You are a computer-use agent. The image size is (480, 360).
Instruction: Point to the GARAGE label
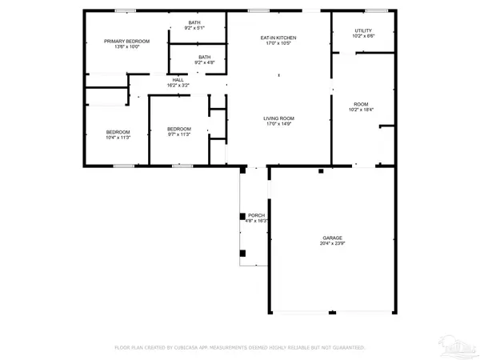(333, 238)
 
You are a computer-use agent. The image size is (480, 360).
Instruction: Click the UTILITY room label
(363, 30)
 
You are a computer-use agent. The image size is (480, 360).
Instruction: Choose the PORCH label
(256, 215)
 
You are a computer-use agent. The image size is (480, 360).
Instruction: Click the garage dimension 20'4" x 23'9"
(333, 244)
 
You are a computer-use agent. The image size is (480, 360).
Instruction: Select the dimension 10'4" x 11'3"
(118, 138)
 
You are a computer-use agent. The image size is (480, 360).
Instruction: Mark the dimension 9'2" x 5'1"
(194, 28)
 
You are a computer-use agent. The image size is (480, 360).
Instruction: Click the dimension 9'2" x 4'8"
(205, 62)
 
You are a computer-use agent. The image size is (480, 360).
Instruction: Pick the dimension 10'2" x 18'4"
(362, 110)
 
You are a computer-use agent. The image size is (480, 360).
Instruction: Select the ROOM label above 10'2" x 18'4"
(362, 104)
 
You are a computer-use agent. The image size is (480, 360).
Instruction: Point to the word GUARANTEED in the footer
(345, 348)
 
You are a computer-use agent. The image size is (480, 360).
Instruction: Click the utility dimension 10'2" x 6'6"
(363, 36)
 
